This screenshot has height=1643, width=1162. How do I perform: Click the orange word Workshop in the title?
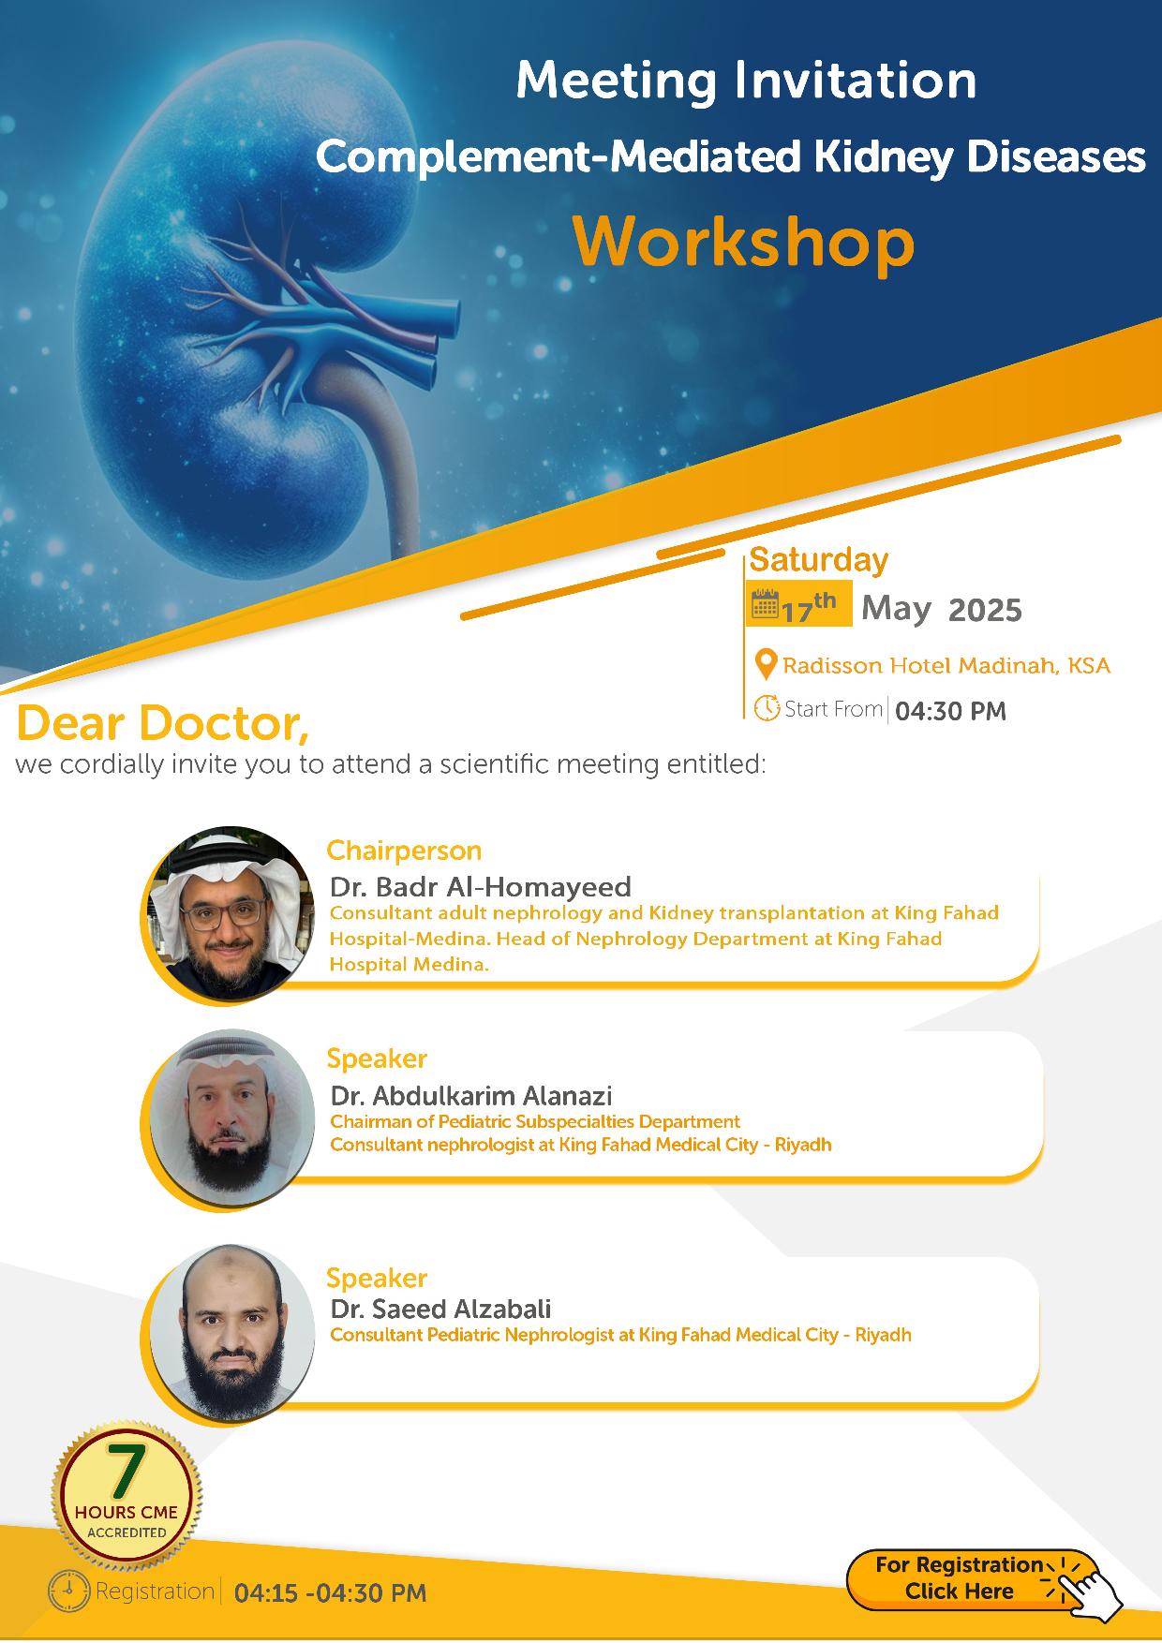[x=744, y=243]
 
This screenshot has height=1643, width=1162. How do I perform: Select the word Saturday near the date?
[x=819, y=560]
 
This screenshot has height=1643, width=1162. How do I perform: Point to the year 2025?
[x=985, y=611]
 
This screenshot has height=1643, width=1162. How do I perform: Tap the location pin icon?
[x=766, y=665]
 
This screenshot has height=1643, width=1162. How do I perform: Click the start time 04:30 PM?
[x=950, y=712]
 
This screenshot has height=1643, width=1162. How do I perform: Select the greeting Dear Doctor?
[x=162, y=723]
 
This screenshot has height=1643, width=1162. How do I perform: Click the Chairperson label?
[x=404, y=851]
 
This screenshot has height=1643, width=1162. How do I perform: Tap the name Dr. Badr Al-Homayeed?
[x=481, y=887]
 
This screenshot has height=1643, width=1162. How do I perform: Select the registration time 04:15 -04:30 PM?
[x=330, y=1592]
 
